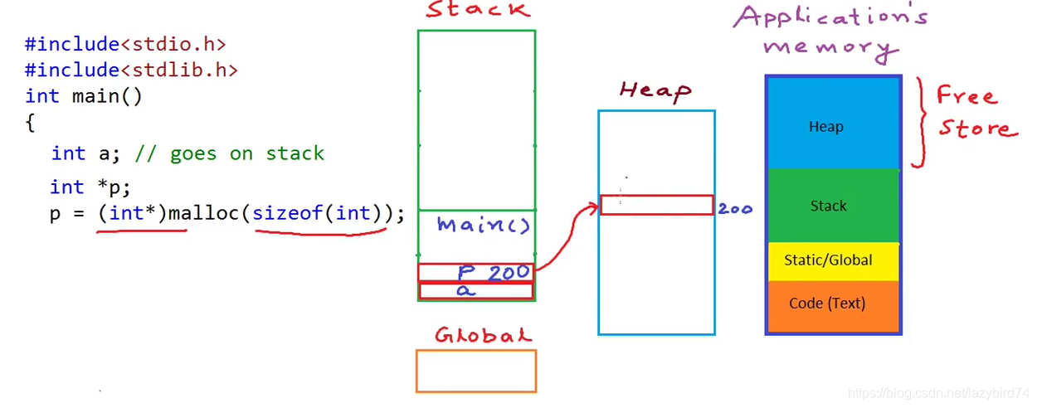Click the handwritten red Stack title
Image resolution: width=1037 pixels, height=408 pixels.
pos(477,11)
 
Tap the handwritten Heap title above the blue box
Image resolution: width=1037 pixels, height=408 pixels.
pos(655,90)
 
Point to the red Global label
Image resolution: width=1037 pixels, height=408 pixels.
pos(483,335)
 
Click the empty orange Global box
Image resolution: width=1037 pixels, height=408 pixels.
pos(476,371)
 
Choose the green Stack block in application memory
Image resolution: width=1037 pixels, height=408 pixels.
pos(833,206)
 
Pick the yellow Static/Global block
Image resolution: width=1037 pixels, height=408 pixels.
pos(833,260)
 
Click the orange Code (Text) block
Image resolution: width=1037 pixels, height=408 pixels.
pos(833,304)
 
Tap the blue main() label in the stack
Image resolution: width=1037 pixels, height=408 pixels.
pos(483,225)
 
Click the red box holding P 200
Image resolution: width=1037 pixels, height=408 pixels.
pos(475,272)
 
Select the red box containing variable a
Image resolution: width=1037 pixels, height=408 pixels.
pos(475,291)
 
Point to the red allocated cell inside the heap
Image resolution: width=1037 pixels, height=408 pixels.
pos(656,205)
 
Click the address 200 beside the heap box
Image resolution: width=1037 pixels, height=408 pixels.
pos(735,209)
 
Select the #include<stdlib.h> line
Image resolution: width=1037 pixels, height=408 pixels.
pos(131,70)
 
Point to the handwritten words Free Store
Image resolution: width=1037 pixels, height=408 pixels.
pos(975,112)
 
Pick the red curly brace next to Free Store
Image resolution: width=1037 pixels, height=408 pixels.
pos(918,123)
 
